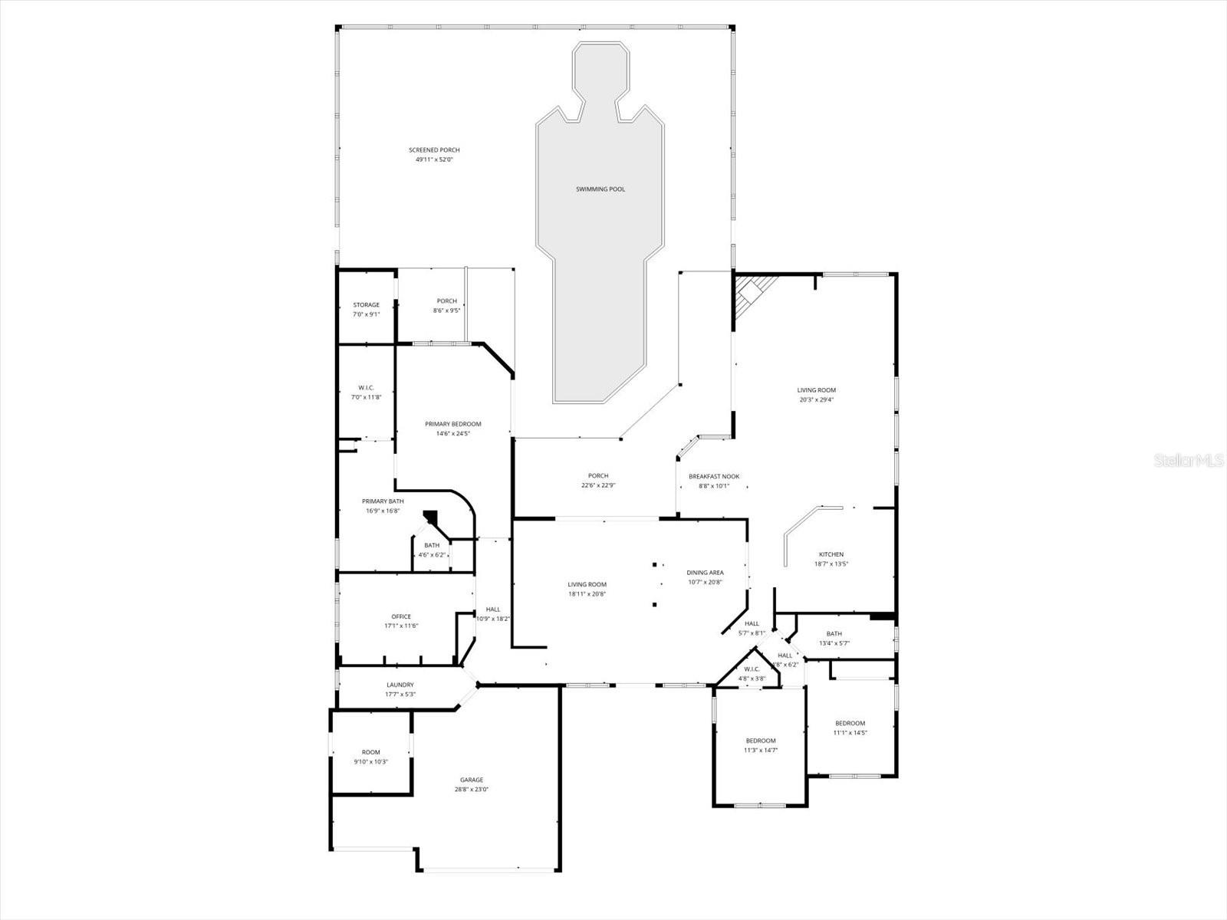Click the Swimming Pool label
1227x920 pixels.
click(x=600, y=189)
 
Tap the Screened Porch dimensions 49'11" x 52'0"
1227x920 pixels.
click(x=434, y=159)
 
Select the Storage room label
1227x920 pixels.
click(x=366, y=305)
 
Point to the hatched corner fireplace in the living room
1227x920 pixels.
click(x=752, y=297)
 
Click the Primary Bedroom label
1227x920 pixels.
click(x=453, y=424)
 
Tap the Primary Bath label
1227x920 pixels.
click(x=383, y=501)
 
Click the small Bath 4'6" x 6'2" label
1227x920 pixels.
click(x=432, y=546)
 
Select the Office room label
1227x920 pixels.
click(x=401, y=616)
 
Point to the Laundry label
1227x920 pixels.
click(x=400, y=685)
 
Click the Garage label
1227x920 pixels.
click(x=472, y=780)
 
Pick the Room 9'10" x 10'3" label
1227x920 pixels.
click(x=371, y=752)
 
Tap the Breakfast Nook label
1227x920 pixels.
click(x=713, y=476)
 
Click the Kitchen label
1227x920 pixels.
click(x=831, y=554)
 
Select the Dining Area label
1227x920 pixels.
click(x=704, y=573)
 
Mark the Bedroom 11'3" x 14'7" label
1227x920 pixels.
click(x=761, y=741)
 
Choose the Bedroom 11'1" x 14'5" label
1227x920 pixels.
click(x=850, y=723)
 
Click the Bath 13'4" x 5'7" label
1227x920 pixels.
click(x=834, y=634)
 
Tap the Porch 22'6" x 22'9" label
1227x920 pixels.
click(x=598, y=476)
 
